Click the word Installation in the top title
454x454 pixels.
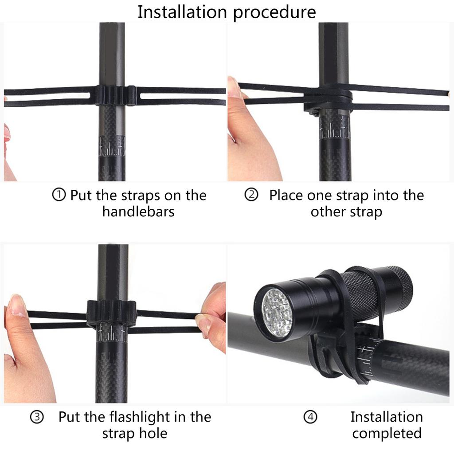click(x=183, y=12)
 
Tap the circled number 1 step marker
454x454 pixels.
click(x=59, y=195)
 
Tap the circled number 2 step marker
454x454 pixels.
click(x=251, y=195)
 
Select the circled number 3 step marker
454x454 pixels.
click(x=37, y=417)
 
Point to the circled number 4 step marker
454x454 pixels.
click(x=310, y=417)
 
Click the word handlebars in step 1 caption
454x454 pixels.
click(x=138, y=211)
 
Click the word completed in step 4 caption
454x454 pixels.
click(x=387, y=433)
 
